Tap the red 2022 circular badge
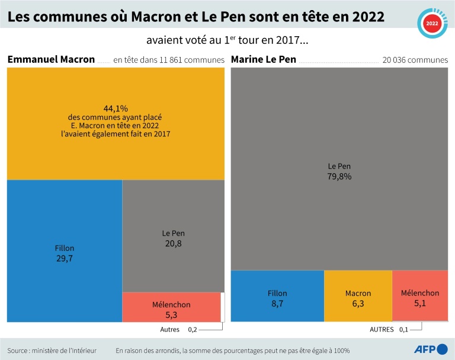coord(432,24)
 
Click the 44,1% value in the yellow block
coord(116,109)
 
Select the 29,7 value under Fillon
coord(65,258)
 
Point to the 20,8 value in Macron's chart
coord(174,243)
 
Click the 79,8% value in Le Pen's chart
coord(339,176)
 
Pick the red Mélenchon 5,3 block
coord(171,307)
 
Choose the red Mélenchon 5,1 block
coord(420,296)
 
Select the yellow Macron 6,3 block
coord(358,296)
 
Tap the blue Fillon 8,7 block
coord(277,296)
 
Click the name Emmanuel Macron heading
coord(51,59)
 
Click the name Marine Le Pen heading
coord(264,59)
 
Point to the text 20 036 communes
coord(415,60)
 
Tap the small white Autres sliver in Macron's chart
coord(223,307)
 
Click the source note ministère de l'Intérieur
coord(52,350)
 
